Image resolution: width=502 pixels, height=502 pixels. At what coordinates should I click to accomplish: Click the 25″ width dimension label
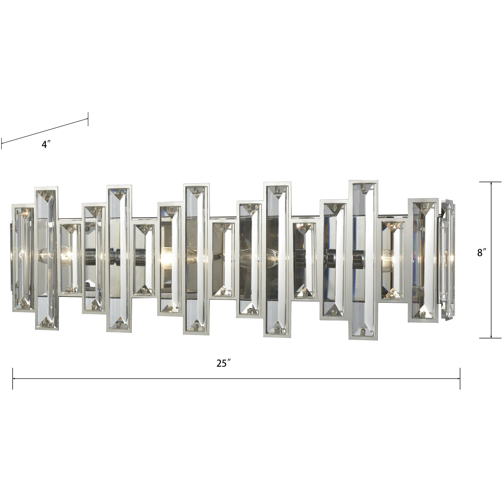224,363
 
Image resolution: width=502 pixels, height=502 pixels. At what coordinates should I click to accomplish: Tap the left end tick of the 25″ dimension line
13,379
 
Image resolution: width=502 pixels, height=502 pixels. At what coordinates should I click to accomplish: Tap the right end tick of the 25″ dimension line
460,379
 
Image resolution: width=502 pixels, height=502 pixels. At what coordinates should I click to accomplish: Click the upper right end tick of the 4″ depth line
88,119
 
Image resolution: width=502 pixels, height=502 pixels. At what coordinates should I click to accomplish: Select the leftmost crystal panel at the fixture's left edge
23,257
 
